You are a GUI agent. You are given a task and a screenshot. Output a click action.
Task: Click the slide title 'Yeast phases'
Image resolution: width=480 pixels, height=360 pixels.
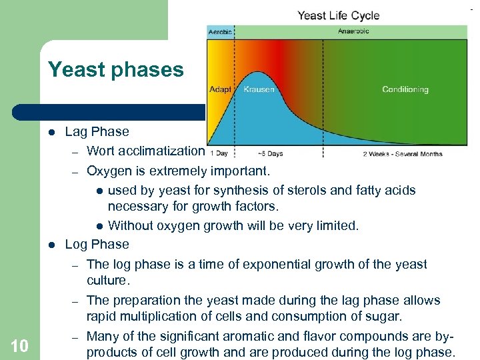(115, 70)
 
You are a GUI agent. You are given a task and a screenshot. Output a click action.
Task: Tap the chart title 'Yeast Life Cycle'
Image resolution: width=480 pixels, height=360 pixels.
(337, 15)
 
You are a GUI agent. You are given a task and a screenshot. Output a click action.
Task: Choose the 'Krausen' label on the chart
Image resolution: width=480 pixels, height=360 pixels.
(259, 89)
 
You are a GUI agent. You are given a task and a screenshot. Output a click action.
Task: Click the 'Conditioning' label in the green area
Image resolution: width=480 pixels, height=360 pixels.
(405, 89)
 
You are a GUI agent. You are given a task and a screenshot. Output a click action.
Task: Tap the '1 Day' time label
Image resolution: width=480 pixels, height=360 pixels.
(219, 153)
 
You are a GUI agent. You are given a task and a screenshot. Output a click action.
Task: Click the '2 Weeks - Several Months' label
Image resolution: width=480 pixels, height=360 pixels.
(402, 153)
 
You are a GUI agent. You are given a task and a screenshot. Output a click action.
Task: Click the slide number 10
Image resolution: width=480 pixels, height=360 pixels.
(19, 345)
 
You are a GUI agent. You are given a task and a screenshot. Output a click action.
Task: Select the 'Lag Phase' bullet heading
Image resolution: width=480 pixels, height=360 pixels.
(97, 131)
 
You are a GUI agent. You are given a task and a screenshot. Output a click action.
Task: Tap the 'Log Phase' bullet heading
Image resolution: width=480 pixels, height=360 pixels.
(97, 244)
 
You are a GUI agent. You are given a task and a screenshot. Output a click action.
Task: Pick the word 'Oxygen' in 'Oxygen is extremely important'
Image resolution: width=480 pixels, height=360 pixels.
(110, 171)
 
